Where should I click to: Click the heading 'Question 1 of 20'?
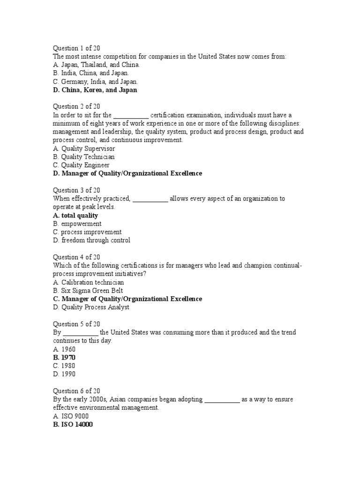pyautogui.click(x=76, y=48)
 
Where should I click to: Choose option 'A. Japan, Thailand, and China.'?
pyautogui.click(x=96, y=65)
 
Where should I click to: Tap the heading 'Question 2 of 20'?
pyautogui.click(x=76, y=106)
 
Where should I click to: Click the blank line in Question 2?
pyautogui.click(x=131, y=115)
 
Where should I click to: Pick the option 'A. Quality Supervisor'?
pyautogui.click(x=84, y=149)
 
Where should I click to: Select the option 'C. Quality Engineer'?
pyautogui.click(x=81, y=165)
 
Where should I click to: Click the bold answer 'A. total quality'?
pyautogui.click(x=75, y=216)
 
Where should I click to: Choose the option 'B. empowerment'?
pyautogui.click(x=77, y=224)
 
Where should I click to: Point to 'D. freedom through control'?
pyautogui.click(x=91, y=240)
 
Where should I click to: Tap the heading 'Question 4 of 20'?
pyautogui.click(x=76, y=257)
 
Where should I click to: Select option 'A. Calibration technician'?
pyautogui.click(x=88, y=282)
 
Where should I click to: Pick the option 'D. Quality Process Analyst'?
pyautogui.click(x=91, y=307)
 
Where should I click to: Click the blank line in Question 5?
pyautogui.click(x=80, y=333)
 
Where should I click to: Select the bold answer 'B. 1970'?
pyautogui.click(x=64, y=357)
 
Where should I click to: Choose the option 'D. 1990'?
pyautogui.click(x=64, y=374)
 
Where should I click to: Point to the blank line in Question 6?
pyautogui.click(x=222, y=400)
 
